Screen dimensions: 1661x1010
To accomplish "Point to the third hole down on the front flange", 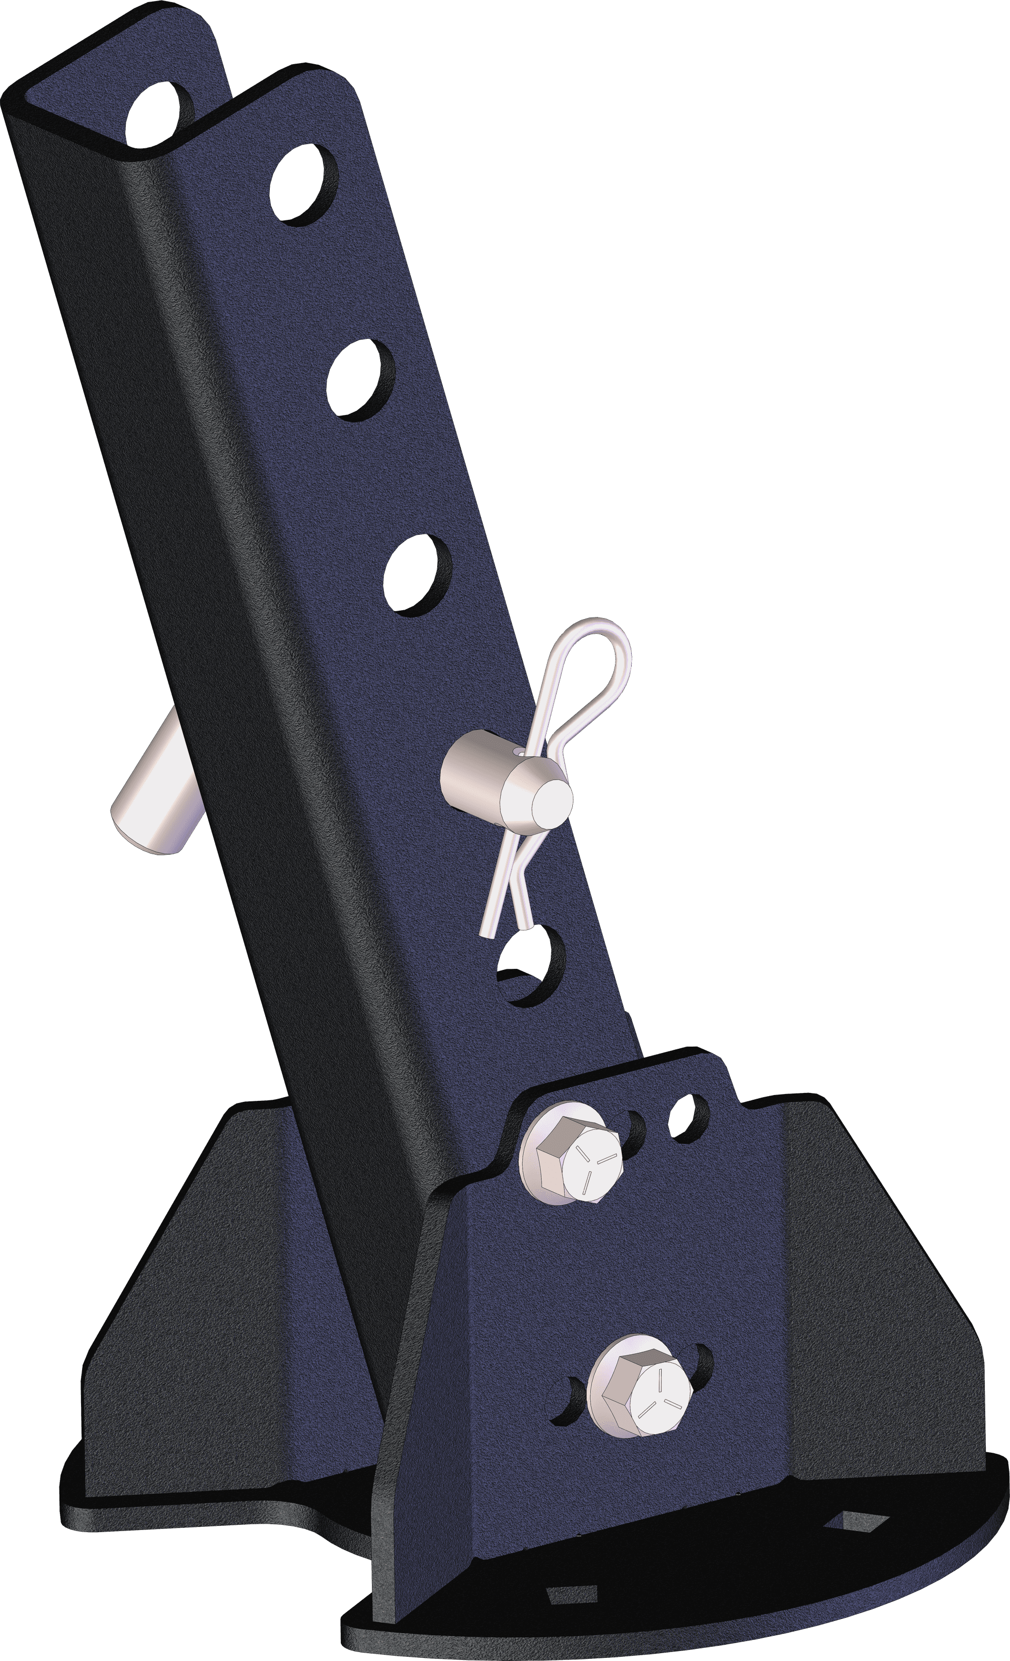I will [x=417, y=574].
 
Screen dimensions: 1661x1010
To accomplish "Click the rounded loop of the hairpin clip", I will [x=593, y=661].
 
